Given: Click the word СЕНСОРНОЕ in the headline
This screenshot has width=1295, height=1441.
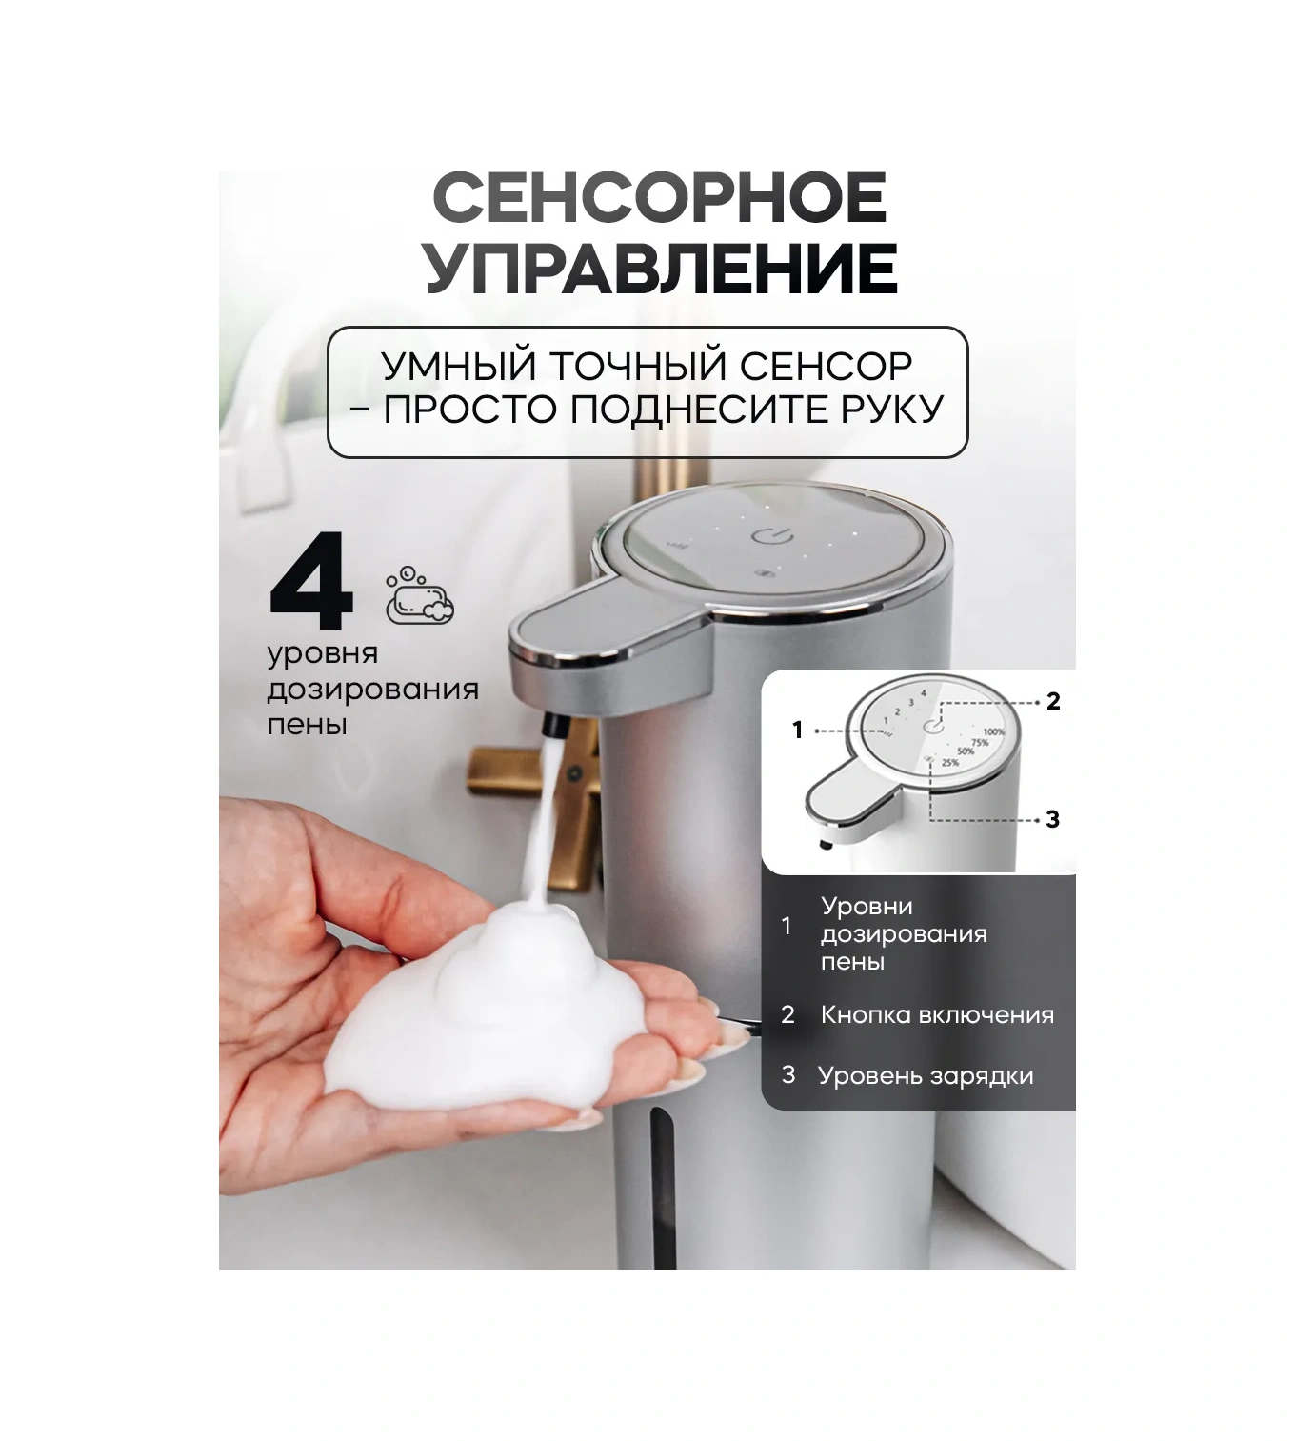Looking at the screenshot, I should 659,198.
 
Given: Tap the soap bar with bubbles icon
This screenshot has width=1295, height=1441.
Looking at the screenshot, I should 420,597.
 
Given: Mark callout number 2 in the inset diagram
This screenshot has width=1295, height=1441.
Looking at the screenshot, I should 1053,702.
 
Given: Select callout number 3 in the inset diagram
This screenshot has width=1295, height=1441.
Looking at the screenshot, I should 1052,819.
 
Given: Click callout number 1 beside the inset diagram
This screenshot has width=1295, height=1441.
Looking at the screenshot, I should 798,731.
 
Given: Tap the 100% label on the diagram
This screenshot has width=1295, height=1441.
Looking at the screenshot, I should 993,731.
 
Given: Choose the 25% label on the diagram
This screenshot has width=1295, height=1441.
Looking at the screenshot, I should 949,763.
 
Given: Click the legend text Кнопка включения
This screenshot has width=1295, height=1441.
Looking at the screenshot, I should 937,1015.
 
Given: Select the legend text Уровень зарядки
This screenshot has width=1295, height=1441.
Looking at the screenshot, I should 926,1076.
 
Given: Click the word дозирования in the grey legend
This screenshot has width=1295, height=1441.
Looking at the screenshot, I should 904,934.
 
